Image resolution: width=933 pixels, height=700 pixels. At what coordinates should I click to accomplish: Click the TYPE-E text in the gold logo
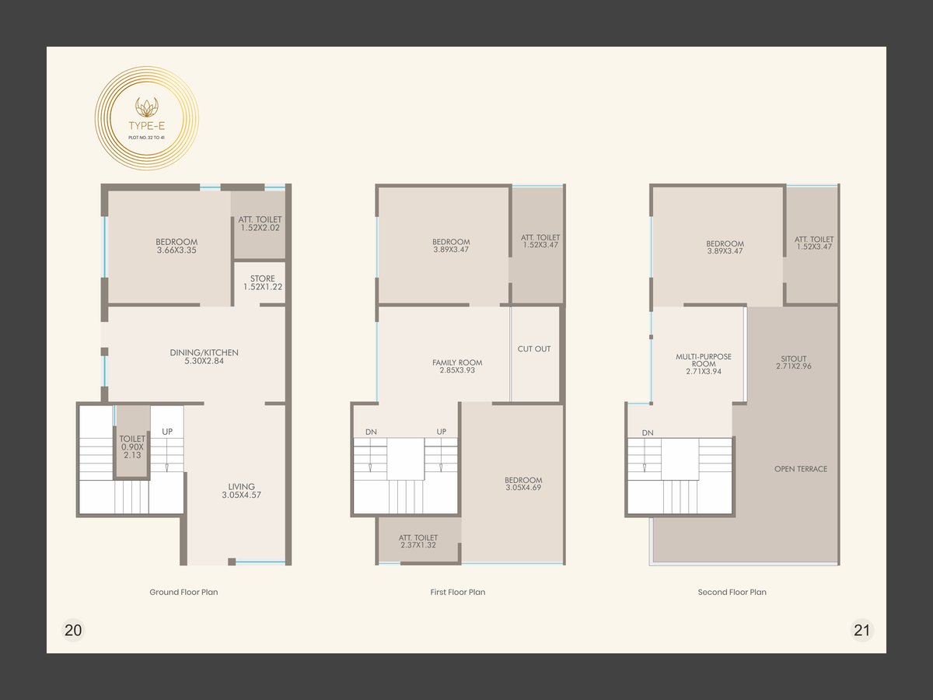click(147, 125)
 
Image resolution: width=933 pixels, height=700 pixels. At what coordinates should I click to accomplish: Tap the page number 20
click(73, 630)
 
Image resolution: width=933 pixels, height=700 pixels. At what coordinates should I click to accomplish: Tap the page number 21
click(861, 630)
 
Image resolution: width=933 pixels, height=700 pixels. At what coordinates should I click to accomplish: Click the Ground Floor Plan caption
click(183, 592)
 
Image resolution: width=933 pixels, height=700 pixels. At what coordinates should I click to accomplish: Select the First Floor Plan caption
click(458, 592)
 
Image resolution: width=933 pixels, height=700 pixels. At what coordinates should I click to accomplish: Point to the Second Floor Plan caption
click(732, 592)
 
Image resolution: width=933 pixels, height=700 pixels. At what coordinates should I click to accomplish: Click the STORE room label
click(263, 282)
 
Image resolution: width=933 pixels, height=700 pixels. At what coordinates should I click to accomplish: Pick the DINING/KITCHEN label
click(204, 356)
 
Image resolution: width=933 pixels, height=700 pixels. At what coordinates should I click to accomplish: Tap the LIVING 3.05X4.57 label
click(242, 491)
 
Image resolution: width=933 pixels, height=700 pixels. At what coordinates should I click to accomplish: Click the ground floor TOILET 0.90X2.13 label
click(132, 446)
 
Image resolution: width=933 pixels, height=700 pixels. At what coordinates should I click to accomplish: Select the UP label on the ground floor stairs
click(167, 432)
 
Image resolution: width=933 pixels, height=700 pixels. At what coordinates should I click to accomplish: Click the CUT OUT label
click(534, 349)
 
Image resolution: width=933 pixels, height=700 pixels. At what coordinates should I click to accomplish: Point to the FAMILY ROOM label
click(457, 366)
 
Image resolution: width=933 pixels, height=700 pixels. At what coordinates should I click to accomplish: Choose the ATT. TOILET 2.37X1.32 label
click(418, 541)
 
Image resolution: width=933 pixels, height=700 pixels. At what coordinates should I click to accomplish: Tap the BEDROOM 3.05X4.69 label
click(523, 484)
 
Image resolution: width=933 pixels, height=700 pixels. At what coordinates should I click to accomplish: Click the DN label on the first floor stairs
click(371, 432)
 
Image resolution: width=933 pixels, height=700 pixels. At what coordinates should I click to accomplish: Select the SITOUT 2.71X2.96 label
click(794, 362)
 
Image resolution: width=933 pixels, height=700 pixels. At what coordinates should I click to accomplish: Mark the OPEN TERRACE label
click(801, 469)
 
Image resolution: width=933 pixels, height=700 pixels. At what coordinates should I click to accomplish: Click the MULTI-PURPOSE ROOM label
click(704, 364)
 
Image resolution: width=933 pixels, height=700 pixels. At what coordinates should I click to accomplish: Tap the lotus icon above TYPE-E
click(147, 107)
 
